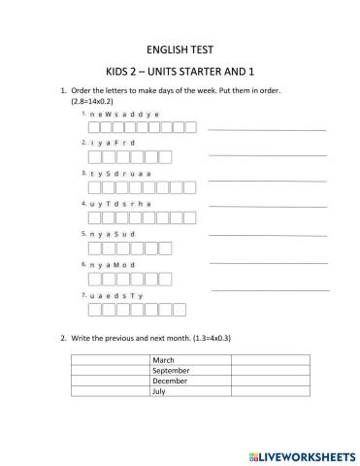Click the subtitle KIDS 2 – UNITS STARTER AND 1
(180, 71)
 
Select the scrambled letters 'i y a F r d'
(114, 143)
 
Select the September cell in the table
(190, 370)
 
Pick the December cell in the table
(190, 381)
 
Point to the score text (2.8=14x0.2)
(93, 100)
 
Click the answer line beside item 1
(267, 129)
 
